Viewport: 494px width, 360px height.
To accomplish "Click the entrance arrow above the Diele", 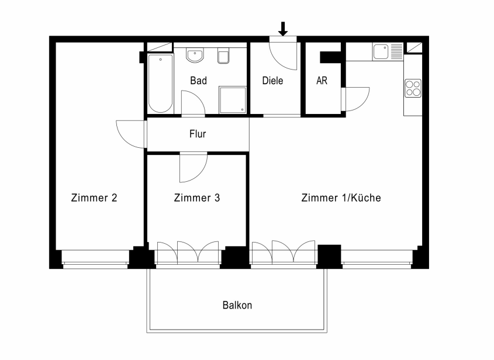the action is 283,29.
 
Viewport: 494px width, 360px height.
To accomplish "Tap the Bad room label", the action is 199,81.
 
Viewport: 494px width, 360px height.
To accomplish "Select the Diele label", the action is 272,81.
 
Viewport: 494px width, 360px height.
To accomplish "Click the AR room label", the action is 322,81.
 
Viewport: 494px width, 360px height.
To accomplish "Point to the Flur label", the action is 198,134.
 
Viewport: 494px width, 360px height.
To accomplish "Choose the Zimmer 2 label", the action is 94,198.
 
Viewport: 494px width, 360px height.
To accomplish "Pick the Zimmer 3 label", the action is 197,198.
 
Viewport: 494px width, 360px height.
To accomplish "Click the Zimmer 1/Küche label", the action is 341,198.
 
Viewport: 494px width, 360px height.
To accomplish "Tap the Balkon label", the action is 237,305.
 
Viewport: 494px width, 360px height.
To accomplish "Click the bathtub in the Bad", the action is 160,84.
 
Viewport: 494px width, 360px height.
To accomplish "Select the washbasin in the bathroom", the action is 195,55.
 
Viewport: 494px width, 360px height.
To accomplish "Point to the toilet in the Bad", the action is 223,56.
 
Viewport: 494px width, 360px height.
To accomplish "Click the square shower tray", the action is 233,100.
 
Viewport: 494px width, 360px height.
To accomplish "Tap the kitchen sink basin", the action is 381,51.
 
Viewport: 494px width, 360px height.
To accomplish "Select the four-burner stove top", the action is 413,88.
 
